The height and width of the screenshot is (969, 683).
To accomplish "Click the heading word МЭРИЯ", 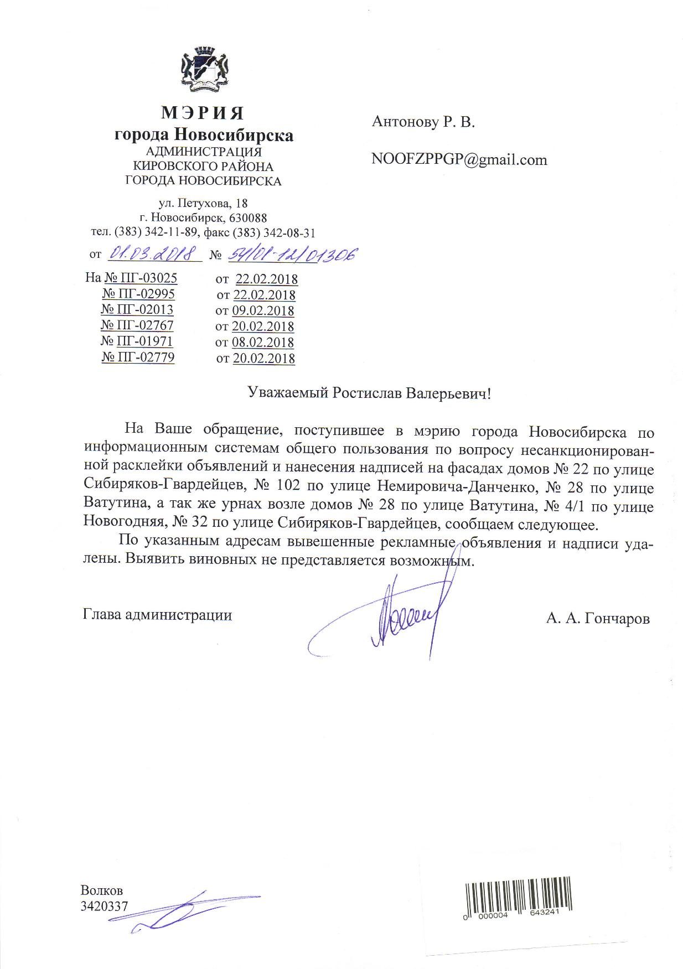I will pyautogui.click(x=203, y=113).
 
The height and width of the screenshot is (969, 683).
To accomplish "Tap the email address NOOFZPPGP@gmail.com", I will pyautogui.click(x=459, y=160).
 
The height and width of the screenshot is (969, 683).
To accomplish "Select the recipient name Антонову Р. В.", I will pyautogui.click(x=423, y=122).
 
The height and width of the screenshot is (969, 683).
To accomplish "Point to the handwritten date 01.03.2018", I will pyautogui.click(x=154, y=253).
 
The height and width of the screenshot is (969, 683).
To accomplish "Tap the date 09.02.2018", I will pyautogui.click(x=263, y=310).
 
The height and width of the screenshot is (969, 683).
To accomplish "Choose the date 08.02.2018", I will pyautogui.click(x=263, y=343).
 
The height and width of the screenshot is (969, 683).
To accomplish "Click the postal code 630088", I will pyautogui.click(x=248, y=218).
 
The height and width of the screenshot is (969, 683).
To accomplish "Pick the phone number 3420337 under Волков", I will pyautogui.click(x=104, y=906).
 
